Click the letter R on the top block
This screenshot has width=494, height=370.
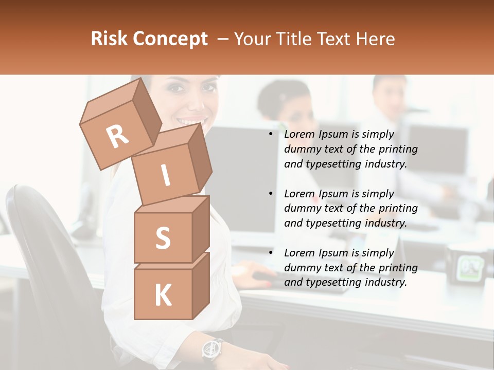[117, 136]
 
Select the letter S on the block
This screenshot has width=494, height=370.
[163, 238]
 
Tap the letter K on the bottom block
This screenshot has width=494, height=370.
[163, 295]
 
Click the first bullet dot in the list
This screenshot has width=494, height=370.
[271, 135]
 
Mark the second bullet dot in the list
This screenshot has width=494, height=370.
[271, 194]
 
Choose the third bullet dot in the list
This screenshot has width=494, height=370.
[271, 253]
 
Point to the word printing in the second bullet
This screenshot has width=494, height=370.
[398, 208]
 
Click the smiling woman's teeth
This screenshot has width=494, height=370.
[191, 121]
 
